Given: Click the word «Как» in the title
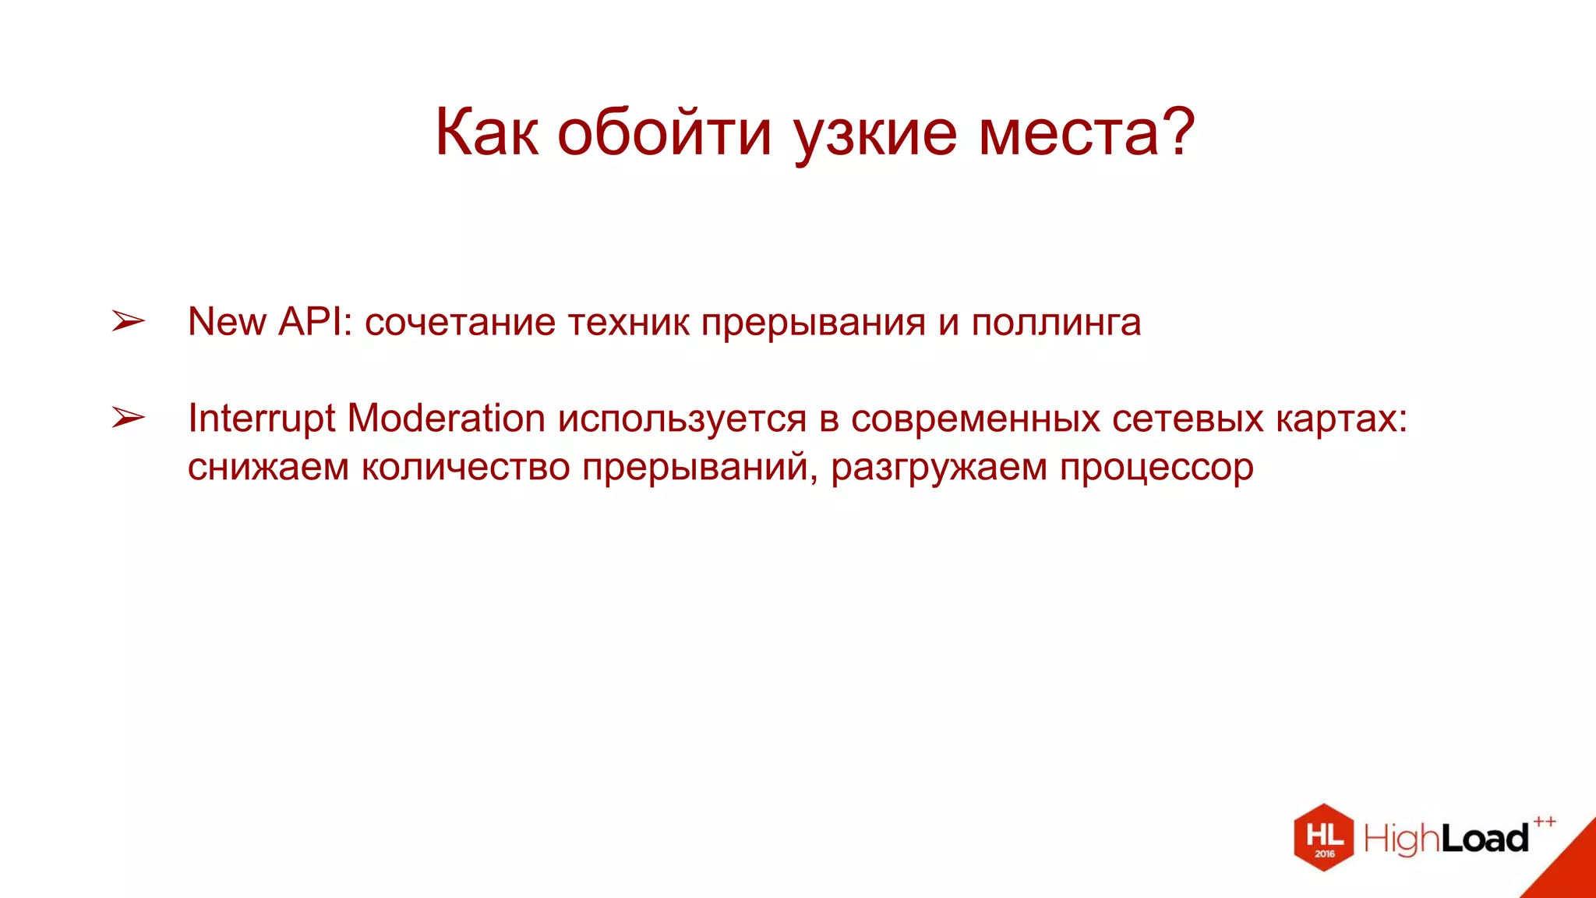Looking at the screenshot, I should coord(486,133).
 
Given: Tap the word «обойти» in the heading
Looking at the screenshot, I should coord(664,133).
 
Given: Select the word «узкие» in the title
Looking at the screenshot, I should coord(875,133).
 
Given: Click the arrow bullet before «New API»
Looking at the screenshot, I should coord(128,320).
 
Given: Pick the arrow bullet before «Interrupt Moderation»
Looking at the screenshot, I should coord(128,418).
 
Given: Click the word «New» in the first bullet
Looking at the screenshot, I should coord(227,321).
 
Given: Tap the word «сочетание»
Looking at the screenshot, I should coord(460,323).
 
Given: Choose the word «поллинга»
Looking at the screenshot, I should coord(1056,323).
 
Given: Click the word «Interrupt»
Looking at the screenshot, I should coord(261,419).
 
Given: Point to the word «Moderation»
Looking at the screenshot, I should coord(446,419).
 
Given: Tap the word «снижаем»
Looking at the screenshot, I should coord(268,468).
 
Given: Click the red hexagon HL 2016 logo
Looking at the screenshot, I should coord(1323,837).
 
